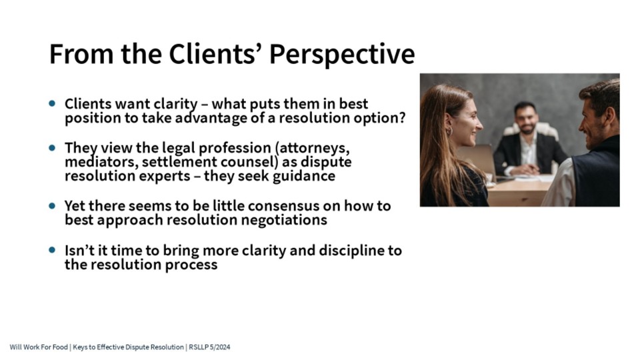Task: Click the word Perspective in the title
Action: (342, 55)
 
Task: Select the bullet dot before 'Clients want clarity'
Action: (52, 103)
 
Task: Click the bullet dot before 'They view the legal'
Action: (52, 147)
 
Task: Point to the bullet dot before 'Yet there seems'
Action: (52, 205)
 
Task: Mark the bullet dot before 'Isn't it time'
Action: (52, 249)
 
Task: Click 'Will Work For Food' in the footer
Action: (39, 347)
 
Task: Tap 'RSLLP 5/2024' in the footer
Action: (209, 347)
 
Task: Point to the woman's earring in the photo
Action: (449, 131)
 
